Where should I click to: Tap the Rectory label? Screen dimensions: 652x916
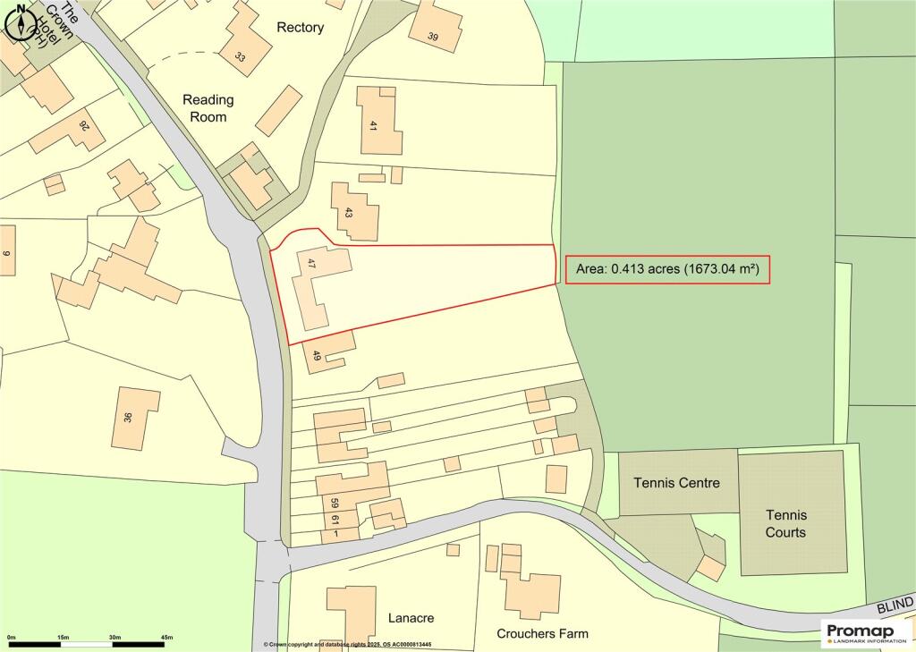click(x=300, y=28)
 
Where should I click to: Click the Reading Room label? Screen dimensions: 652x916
click(x=208, y=107)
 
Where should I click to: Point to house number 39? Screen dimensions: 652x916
click(x=433, y=37)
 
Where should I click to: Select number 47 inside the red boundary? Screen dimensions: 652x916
click(x=311, y=264)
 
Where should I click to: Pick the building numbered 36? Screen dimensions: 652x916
click(x=128, y=417)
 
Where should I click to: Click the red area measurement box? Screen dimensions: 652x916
click(x=667, y=270)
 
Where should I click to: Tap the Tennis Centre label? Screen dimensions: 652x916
click(x=676, y=483)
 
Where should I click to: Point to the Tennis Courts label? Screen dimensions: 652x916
click(x=785, y=523)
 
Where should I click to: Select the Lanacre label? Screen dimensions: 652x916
click(x=411, y=618)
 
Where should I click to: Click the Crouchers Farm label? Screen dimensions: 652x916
click(x=542, y=633)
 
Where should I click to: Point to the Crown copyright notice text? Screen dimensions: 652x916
click(x=347, y=645)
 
